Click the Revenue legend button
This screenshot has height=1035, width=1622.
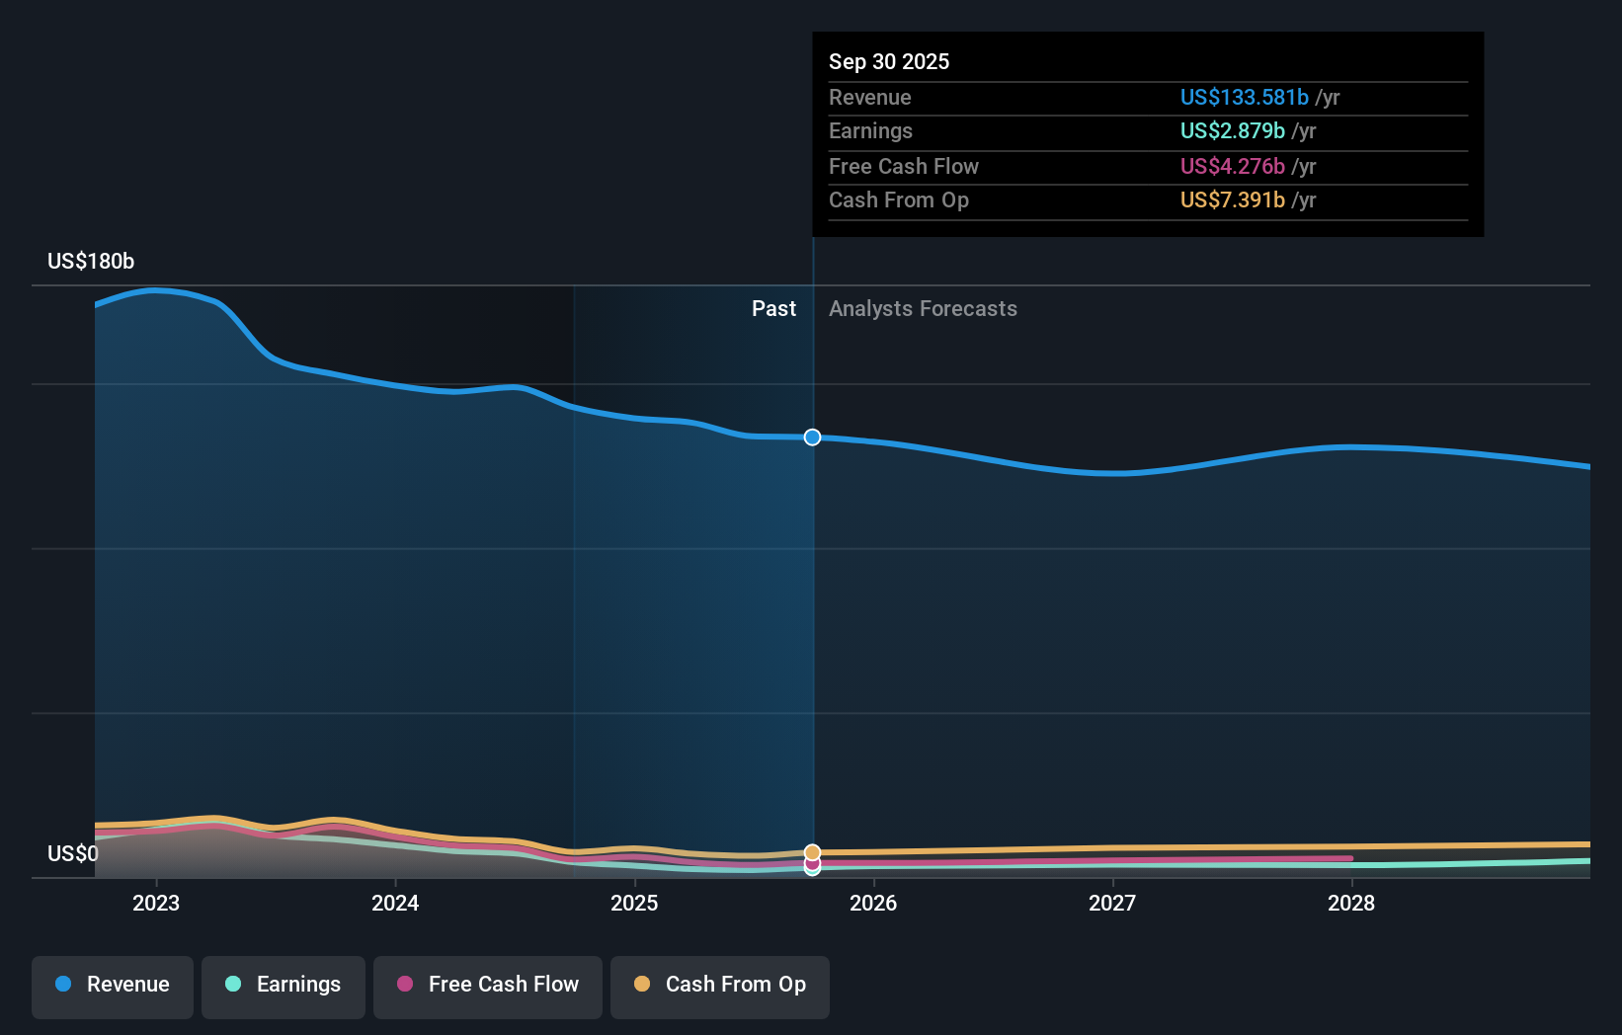pyautogui.click(x=113, y=986)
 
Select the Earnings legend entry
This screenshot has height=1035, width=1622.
pyautogui.click(x=284, y=986)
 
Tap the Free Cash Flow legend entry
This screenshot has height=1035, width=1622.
pyautogui.click(x=488, y=986)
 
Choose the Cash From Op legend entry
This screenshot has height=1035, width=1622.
pyautogui.click(x=720, y=986)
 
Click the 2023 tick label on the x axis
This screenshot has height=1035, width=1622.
pyautogui.click(x=156, y=903)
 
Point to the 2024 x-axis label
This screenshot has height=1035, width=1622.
pyautogui.click(x=395, y=903)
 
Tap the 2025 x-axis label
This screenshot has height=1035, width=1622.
pyautogui.click(x=634, y=903)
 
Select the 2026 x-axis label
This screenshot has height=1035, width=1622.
pyautogui.click(x=873, y=903)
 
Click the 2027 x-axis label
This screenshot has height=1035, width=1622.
pyautogui.click(x=1112, y=903)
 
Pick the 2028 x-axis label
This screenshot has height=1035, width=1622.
pyautogui.click(x=1351, y=903)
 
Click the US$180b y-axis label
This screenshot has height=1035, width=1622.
pyautogui.click(x=91, y=262)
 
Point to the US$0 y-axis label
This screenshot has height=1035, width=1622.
pyautogui.click(x=73, y=853)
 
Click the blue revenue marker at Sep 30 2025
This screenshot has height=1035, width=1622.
pyautogui.click(x=812, y=438)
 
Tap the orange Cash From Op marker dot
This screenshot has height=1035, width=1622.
pyautogui.click(x=812, y=851)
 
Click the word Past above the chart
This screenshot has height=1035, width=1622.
pyautogui.click(x=773, y=309)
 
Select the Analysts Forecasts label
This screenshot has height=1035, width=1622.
pyautogui.click(x=923, y=309)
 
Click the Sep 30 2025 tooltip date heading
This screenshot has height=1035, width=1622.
pyautogui.click(x=889, y=62)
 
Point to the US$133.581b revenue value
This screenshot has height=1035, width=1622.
pyautogui.click(x=1244, y=98)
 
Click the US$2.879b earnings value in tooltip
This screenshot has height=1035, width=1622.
pyautogui.click(x=1232, y=131)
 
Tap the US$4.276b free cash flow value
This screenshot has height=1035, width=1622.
pyautogui.click(x=1232, y=167)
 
